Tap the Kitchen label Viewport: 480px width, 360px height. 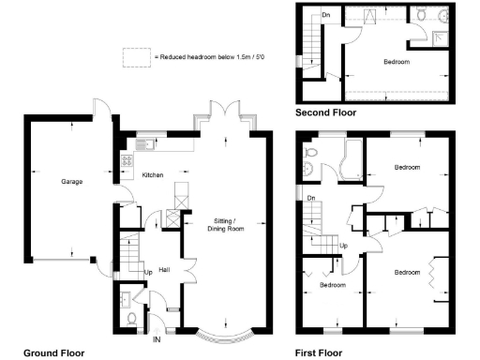[152, 175]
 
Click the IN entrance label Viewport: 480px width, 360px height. [156, 338]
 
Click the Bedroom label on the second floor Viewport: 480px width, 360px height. [396, 61]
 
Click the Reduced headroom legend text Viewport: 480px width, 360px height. [201, 57]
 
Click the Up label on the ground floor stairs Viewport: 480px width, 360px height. [147, 273]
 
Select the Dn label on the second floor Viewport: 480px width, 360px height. [325, 16]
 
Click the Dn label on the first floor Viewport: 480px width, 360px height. [309, 198]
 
